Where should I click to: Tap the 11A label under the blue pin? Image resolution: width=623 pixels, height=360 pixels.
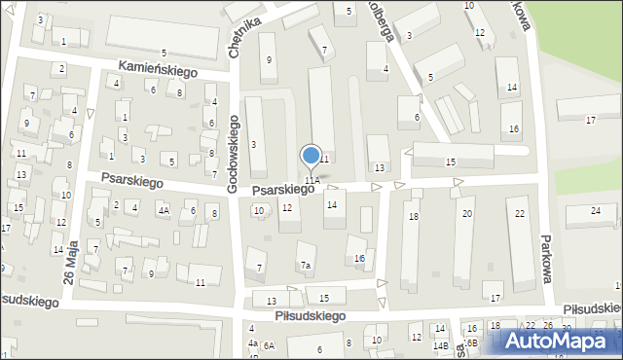(x=311, y=180)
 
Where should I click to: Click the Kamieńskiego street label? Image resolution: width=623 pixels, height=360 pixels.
(x=158, y=70)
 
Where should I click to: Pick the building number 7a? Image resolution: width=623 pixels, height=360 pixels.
(x=305, y=266)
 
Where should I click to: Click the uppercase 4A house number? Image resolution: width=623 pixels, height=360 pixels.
(x=165, y=209)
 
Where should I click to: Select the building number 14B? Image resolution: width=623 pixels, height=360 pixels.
(x=441, y=345)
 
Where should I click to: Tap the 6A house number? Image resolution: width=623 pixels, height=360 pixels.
(x=269, y=345)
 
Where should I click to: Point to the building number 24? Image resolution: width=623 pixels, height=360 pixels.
(x=596, y=210)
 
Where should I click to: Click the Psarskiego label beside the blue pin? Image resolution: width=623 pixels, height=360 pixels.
(x=282, y=190)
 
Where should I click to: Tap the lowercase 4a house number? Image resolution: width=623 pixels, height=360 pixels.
(x=252, y=342)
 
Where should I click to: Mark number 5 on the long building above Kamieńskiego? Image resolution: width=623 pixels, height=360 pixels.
(x=164, y=52)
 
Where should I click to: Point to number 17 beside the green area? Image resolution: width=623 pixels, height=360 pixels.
(x=590, y=120)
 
